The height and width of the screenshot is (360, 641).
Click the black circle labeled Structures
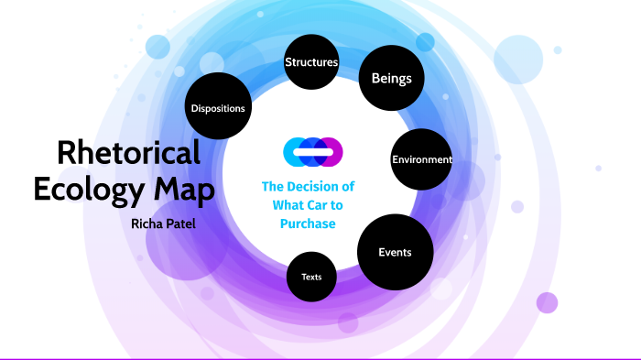(311, 63)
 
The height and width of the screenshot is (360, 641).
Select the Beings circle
(391, 78)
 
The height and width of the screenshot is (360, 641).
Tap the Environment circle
(421, 159)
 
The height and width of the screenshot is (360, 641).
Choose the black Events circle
(395, 252)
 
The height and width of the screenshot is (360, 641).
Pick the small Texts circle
(311, 276)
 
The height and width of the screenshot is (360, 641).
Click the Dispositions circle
(218, 108)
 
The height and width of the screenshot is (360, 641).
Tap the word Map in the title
(190, 190)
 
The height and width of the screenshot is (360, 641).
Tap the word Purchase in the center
(309, 224)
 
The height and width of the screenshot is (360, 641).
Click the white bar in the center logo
(311, 150)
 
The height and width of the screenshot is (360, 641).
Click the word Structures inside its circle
(311, 63)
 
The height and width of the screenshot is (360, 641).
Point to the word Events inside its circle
(395, 252)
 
